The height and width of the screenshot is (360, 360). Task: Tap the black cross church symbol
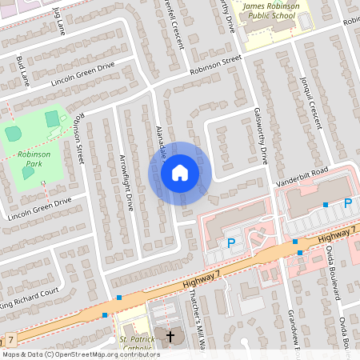[169, 335]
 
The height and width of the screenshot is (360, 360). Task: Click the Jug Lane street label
[58, 21]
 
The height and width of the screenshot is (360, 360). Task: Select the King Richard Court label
[30, 297]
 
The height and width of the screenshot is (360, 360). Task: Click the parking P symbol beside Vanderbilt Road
[347, 204]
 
